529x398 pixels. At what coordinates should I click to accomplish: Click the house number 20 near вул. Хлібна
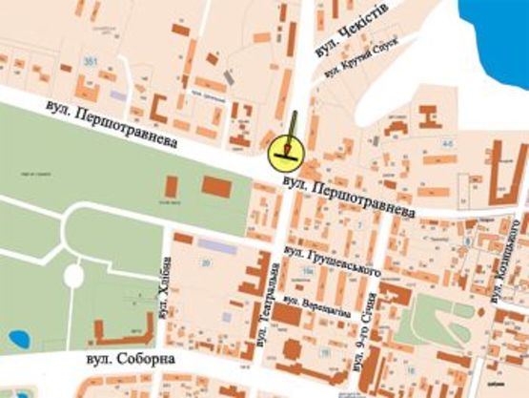pos(204,262)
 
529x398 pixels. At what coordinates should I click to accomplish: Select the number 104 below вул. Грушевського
pos(307,273)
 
